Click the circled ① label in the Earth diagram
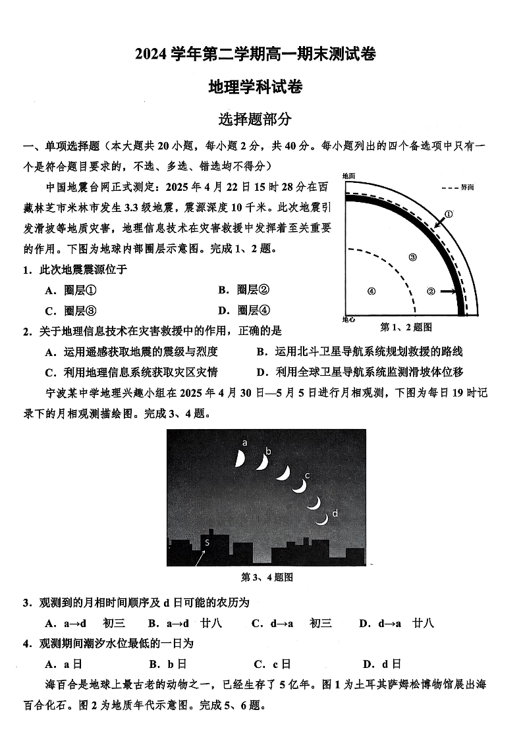tap(449, 214)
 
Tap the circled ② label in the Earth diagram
tap(431, 291)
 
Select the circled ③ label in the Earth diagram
tap(413, 257)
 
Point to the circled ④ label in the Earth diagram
tap(372, 292)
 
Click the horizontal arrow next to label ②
tap(449, 291)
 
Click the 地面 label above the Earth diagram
tap(348, 176)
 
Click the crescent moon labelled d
tap(321, 519)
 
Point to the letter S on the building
tap(207, 542)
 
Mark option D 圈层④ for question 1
tap(244, 311)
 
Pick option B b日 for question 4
tap(168, 664)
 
